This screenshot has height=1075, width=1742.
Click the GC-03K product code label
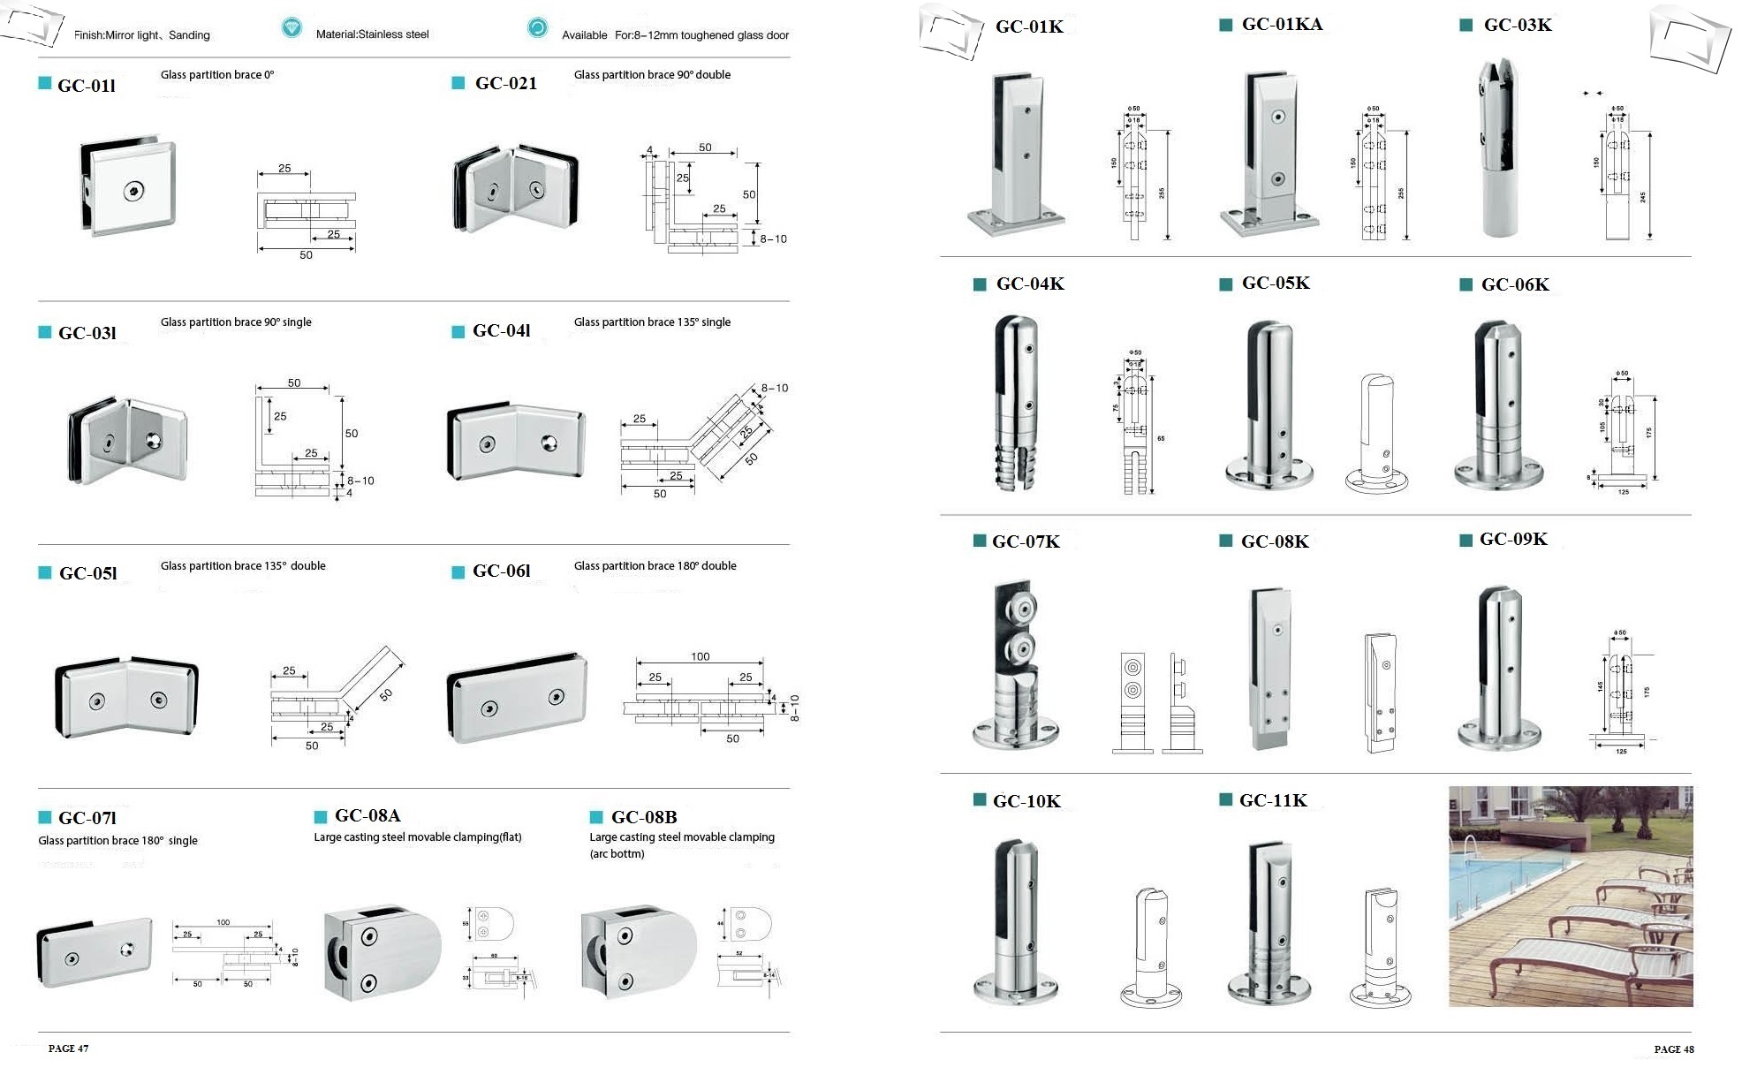pos(1517,25)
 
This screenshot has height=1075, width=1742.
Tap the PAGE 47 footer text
pos(68,1049)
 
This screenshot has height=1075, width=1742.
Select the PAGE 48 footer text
pos(1673,1049)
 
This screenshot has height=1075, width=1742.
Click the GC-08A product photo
pos(381,952)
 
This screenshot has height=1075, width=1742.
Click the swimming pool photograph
pos(1570,897)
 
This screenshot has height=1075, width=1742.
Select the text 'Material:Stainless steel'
pos(372,34)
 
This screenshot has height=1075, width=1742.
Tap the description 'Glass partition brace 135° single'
pos(652,322)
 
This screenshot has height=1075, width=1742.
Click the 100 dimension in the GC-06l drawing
pos(700,656)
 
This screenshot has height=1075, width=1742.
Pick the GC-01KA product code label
pos(1282,25)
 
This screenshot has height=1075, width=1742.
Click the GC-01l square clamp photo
pos(130,186)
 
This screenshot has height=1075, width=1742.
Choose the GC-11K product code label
pos(1272,800)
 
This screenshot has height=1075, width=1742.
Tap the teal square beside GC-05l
pos(45,572)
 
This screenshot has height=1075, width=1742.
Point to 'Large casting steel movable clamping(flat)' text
pos(417,837)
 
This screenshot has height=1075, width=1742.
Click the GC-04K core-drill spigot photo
pos(1018,403)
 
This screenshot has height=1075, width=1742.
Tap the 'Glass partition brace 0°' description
pos(217,75)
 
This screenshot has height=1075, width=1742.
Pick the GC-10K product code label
pos(1026,801)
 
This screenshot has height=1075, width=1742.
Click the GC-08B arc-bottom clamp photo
pos(638,950)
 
